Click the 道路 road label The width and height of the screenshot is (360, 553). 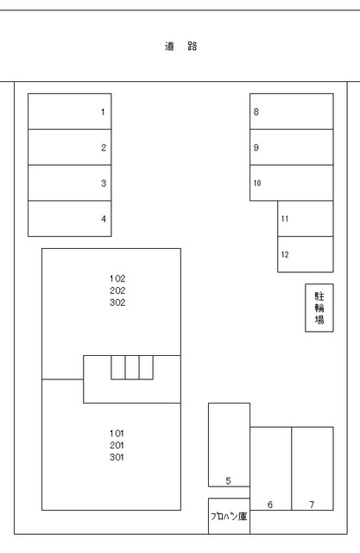click(180, 47)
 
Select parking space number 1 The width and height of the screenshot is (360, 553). click(70, 111)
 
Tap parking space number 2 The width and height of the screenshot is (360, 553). click(70, 147)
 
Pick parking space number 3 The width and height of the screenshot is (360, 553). click(70, 182)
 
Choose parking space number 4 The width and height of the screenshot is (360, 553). click(70, 219)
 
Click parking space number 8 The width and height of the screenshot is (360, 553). click(292, 111)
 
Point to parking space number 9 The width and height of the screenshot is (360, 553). click(292, 147)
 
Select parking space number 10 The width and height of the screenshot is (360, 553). click(292, 182)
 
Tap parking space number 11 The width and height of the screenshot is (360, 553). click(305, 219)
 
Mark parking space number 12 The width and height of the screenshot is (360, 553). click(305, 254)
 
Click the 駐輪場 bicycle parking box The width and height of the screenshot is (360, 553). click(319, 308)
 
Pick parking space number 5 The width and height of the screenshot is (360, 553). click(229, 445)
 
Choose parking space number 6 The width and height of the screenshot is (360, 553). click(270, 468)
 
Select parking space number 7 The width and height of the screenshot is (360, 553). click(312, 468)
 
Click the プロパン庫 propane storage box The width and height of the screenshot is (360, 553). click(229, 516)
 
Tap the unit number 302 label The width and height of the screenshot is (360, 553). click(118, 303)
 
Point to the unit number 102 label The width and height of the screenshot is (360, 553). click(118, 279)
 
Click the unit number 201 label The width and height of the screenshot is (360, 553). click(118, 445)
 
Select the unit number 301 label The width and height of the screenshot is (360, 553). click(118, 457)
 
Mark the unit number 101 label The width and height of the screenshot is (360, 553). click(118, 433)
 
